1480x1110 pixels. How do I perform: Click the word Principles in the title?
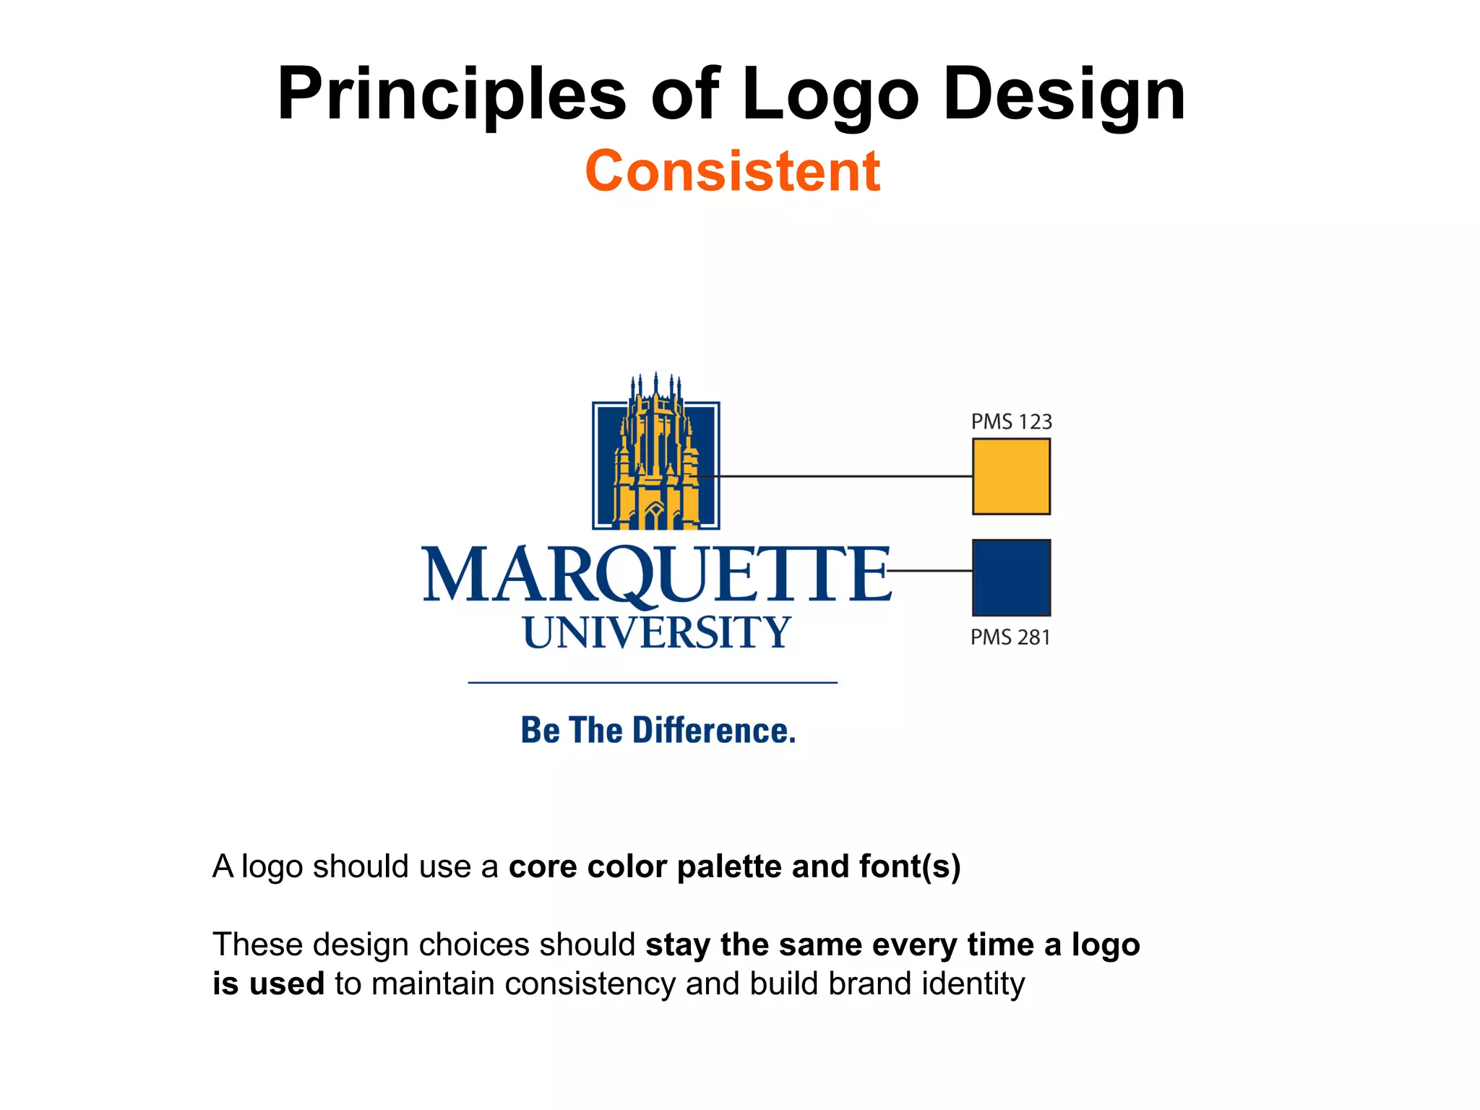(x=451, y=95)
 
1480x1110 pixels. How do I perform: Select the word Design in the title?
(x=1064, y=95)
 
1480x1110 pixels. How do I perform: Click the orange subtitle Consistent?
(x=732, y=171)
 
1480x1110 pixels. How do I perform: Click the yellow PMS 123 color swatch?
(x=1011, y=477)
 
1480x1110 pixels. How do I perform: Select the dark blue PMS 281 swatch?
(x=1011, y=577)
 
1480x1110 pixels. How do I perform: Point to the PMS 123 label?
(x=1011, y=422)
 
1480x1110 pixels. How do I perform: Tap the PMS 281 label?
(x=1010, y=637)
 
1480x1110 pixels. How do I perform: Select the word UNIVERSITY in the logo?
(x=655, y=633)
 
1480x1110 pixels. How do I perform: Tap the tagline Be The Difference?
(x=658, y=731)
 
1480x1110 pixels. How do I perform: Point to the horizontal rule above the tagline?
(x=652, y=682)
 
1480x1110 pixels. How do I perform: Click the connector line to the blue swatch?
(x=931, y=571)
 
